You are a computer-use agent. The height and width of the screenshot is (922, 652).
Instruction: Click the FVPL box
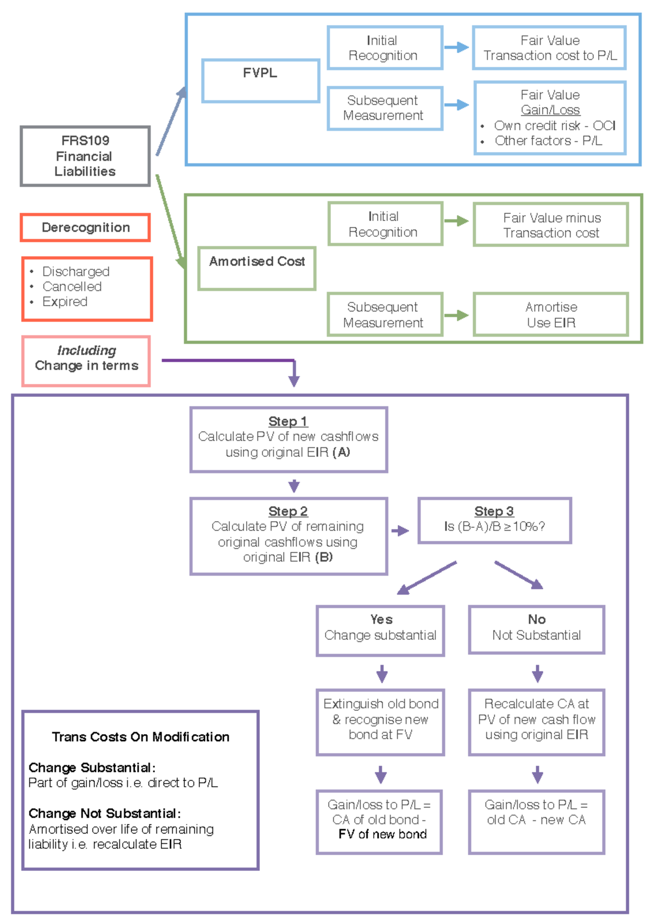click(x=260, y=80)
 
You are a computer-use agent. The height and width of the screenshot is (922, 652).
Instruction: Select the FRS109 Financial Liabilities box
click(x=85, y=156)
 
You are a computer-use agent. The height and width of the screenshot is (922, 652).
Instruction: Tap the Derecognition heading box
click(x=85, y=228)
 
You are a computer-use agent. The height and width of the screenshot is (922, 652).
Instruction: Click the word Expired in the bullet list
click(x=65, y=302)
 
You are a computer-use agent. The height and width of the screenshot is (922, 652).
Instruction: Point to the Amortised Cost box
click(x=257, y=268)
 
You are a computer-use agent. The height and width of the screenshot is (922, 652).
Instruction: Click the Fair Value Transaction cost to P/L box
click(x=549, y=48)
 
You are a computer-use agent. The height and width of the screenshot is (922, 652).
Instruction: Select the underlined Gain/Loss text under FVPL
click(x=550, y=110)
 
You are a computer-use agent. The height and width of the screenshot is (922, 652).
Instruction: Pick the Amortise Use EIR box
click(x=551, y=315)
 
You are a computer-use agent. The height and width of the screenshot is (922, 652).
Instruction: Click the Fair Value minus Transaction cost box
click(x=551, y=225)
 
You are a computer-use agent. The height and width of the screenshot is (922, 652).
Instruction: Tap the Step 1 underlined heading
click(x=288, y=421)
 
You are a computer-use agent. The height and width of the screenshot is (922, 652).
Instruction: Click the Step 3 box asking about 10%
click(x=494, y=520)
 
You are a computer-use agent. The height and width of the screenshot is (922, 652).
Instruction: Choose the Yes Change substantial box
click(x=380, y=630)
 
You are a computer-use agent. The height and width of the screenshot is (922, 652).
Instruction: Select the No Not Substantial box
click(x=536, y=629)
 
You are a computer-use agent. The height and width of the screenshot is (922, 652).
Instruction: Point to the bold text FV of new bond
click(x=383, y=835)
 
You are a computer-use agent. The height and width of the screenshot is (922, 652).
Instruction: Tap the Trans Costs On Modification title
click(x=141, y=737)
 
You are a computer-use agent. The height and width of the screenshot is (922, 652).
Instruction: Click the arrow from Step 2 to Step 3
click(x=400, y=531)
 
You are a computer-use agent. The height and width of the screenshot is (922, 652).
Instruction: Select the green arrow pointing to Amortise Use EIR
click(x=456, y=315)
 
